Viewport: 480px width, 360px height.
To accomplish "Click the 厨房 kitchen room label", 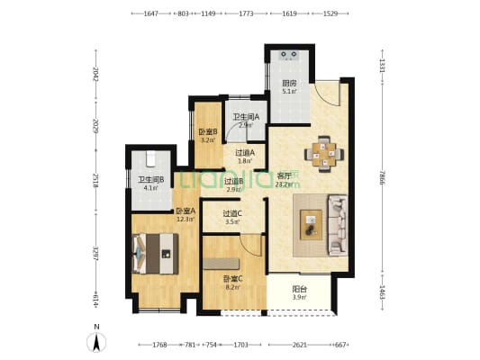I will (289, 83).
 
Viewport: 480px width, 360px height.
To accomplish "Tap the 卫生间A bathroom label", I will (246, 117).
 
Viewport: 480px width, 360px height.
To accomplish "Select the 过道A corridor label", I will (246, 153).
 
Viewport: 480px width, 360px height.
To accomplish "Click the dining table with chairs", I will (323, 154).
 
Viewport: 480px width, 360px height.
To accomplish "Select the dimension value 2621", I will (302, 344).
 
